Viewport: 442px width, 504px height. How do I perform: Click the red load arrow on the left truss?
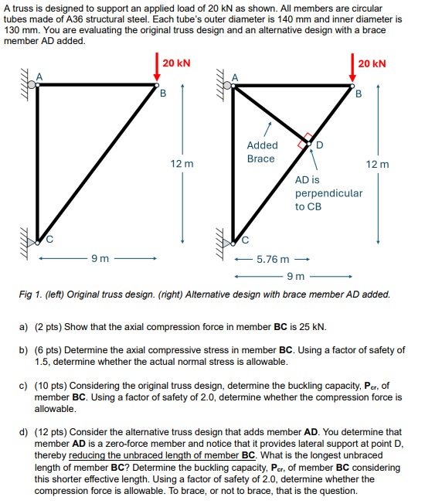click(157, 66)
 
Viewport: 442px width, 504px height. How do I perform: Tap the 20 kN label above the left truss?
click(177, 63)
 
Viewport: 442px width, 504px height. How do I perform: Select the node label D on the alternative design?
click(320, 145)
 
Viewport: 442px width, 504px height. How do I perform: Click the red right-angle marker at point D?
click(307, 141)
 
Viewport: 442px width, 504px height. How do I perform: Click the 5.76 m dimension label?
click(273, 261)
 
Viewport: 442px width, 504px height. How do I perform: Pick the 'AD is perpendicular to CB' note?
click(328, 192)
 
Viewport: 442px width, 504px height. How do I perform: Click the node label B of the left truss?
click(162, 95)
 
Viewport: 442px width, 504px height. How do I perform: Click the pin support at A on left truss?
click(32, 83)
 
